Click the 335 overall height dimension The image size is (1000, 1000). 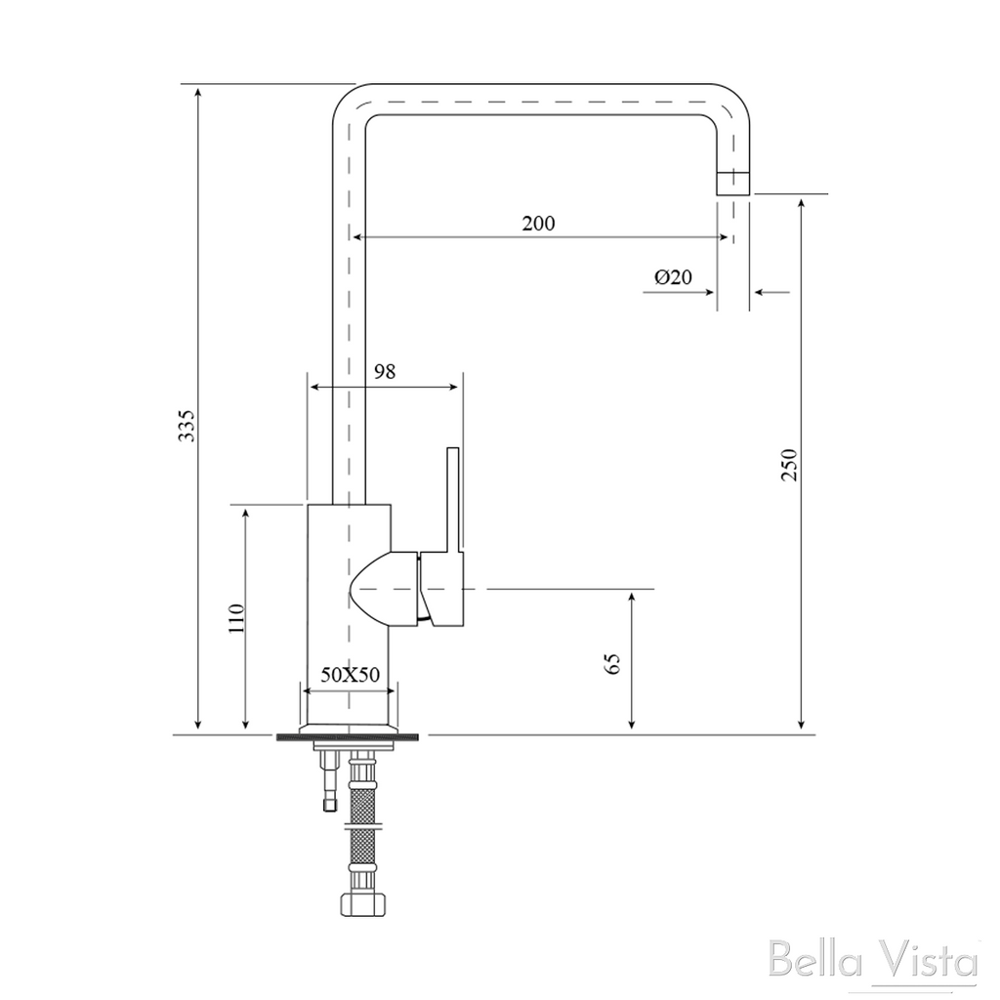pos(187,426)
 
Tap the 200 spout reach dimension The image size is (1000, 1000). pos(539,224)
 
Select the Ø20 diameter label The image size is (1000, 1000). pos(673,276)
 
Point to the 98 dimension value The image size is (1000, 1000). pos(385,371)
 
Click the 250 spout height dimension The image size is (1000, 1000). pos(789,465)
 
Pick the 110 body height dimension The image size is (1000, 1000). pos(236,617)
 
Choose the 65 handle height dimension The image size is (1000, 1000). pos(613,663)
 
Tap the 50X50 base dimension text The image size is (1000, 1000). pos(351,674)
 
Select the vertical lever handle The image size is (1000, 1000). pos(453,501)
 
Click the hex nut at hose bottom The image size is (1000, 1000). pos(361,903)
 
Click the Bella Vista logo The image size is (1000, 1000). pos(872,959)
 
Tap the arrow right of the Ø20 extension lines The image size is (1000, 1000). pos(771,292)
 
